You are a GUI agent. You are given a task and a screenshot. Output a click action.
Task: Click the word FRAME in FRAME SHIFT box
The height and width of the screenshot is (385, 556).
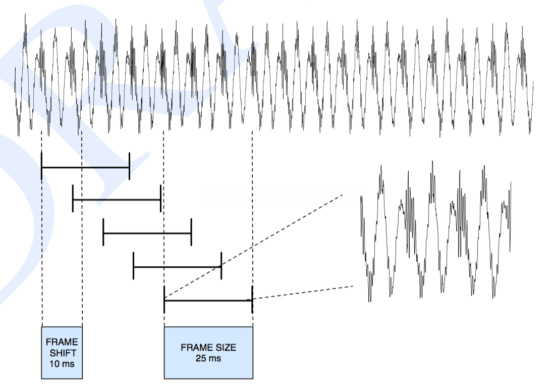[x=62, y=342]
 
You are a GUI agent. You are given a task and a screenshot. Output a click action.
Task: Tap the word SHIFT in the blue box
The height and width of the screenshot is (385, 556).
[x=62, y=353]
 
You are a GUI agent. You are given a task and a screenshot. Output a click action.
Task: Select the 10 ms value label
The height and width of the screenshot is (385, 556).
[x=62, y=363]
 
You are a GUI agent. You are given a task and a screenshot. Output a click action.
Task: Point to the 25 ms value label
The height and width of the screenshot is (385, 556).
[x=208, y=358]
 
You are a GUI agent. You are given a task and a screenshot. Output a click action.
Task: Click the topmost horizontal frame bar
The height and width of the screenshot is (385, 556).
[x=85, y=167]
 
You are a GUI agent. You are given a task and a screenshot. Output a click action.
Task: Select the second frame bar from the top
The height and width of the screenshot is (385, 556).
[x=117, y=200]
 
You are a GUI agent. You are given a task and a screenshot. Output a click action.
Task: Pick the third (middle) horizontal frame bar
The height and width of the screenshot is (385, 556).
[x=147, y=233]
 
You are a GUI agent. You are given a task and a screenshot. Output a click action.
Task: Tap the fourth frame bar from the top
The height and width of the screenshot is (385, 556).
[x=177, y=266]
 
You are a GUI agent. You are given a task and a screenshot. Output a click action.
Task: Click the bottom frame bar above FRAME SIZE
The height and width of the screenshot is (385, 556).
[x=208, y=300]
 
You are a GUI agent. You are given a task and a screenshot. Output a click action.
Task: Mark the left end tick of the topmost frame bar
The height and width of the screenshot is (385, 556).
[x=41, y=166]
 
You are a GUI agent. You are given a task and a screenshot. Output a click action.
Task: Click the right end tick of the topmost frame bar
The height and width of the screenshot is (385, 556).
[x=130, y=166]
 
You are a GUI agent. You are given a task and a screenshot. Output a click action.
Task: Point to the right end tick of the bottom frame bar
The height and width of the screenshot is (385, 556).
[x=252, y=300]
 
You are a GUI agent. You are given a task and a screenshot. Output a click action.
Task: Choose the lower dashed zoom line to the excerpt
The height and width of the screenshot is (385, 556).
[x=303, y=293]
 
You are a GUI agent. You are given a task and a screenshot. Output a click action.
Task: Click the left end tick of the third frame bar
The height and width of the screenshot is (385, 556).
[x=103, y=233]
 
